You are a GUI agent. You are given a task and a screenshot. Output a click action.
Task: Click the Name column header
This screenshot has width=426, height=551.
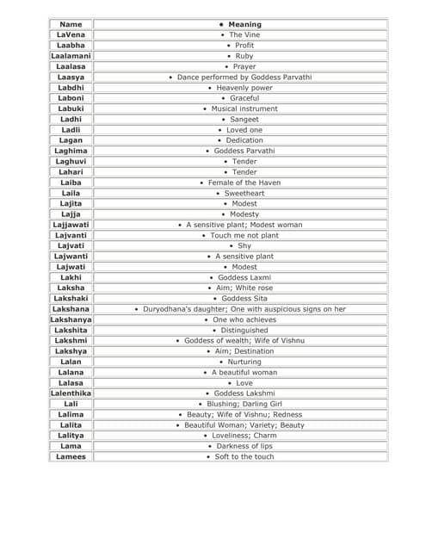pos(71,24)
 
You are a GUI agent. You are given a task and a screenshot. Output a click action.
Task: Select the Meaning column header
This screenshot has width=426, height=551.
pos(244,24)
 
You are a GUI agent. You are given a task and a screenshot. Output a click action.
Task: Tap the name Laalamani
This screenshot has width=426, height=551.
pos(71,56)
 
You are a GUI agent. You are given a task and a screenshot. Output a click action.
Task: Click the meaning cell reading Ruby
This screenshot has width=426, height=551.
pos(244,56)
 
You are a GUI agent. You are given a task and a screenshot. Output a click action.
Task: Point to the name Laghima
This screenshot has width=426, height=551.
pos(71,151)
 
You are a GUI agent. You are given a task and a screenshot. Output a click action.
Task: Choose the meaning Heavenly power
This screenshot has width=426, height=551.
pos(244,88)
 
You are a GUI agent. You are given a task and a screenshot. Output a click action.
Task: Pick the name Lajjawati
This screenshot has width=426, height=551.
pos(71,225)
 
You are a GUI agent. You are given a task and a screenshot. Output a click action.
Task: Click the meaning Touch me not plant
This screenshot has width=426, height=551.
pos(244,235)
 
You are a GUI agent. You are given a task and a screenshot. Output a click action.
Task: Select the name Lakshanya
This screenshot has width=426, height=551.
pos(71,319)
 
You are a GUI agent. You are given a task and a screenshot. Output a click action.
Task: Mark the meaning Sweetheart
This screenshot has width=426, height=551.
pos(244,193)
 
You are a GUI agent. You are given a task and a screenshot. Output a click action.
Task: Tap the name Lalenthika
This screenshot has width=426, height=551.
pos(71,393)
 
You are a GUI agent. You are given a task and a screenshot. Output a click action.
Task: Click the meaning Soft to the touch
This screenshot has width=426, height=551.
pos(244,456)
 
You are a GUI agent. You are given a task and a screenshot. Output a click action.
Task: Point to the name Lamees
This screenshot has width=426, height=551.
pos(71,456)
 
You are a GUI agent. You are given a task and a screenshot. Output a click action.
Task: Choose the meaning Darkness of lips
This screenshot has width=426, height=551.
pos(244,446)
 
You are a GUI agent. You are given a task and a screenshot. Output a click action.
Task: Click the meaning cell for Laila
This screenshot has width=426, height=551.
pos(244,193)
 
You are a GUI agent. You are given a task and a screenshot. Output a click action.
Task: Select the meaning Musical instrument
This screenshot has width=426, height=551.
pos(244,108)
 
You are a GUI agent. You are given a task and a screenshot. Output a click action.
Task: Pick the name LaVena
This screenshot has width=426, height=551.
pos(71,34)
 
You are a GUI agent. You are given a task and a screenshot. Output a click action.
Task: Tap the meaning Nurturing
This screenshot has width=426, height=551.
pos(244,362)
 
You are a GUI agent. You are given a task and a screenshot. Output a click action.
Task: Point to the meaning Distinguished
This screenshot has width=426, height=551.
pos(244,330)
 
